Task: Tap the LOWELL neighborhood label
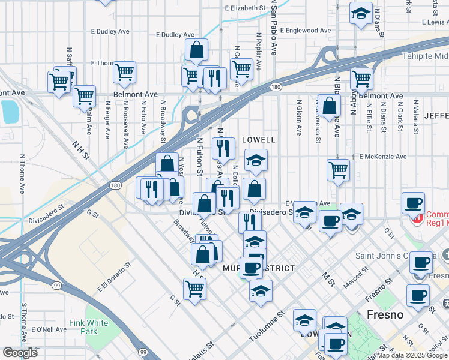pyautogui.click(x=258, y=140)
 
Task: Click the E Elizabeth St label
pyautogui.click(x=245, y=8)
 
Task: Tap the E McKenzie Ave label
pyautogui.click(x=383, y=157)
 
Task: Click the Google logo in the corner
pyautogui.click(x=20, y=353)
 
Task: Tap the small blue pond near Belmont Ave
pyautogui.click(x=10, y=112)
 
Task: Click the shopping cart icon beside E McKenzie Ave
pyautogui.click(x=339, y=169)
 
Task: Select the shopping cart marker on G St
pyautogui.click(x=195, y=289)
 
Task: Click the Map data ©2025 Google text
pyautogui.click(x=412, y=355)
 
